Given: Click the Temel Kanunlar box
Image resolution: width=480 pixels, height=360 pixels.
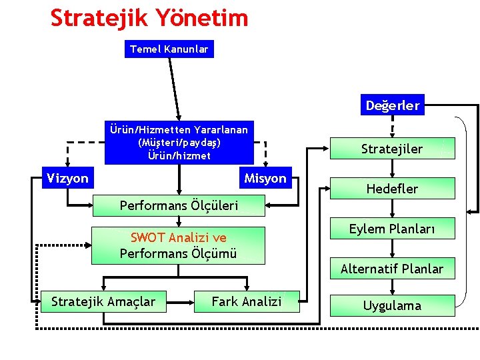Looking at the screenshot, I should [x=169, y=49].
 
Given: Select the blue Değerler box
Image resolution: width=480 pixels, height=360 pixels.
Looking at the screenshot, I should [x=393, y=105].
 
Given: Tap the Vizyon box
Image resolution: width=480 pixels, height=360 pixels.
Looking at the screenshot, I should [x=67, y=178].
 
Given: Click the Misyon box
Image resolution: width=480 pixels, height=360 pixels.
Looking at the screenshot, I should [x=265, y=178].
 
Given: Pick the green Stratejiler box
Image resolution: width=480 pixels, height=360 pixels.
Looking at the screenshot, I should [x=392, y=149].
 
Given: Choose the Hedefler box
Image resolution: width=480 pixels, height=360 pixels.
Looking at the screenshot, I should [x=392, y=189].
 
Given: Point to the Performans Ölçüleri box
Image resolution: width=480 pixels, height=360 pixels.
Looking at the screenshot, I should [x=178, y=205].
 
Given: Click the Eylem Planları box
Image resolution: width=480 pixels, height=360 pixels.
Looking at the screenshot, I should [x=392, y=229].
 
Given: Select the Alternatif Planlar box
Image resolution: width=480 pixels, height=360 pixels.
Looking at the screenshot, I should [x=392, y=269].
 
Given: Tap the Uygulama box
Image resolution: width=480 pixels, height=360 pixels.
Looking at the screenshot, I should [x=392, y=305].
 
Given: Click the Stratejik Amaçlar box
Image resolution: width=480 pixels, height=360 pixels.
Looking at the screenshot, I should [x=103, y=302].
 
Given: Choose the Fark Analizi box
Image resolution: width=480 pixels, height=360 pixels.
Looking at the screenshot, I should [x=247, y=302].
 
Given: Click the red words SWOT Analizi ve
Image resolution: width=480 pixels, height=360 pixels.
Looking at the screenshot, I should [x=178, y=238].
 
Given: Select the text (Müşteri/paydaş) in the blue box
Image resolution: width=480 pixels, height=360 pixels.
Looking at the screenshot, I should [x=179, y=143].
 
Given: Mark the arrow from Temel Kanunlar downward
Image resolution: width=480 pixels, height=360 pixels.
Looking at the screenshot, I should [x=175, y=87].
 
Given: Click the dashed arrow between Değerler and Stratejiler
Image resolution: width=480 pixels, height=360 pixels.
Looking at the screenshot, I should [x=392, y=127].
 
